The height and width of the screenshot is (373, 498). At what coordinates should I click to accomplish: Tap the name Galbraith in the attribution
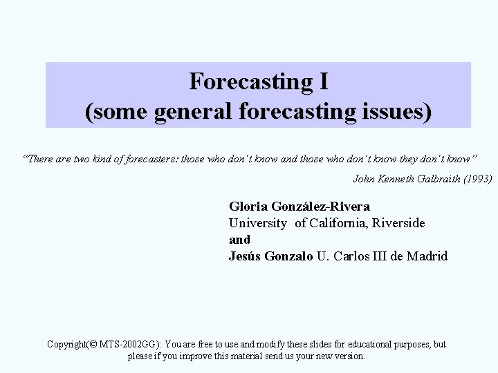coord(435,178)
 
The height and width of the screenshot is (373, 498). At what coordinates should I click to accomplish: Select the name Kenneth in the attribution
coord(395,178)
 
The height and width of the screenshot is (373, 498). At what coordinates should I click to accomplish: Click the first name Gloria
coord(248,207)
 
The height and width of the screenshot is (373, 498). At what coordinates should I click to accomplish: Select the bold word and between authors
coord(239,240)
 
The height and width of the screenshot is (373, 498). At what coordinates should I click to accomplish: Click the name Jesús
coord(245,256)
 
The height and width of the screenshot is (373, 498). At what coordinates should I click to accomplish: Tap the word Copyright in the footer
coord(67,344)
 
